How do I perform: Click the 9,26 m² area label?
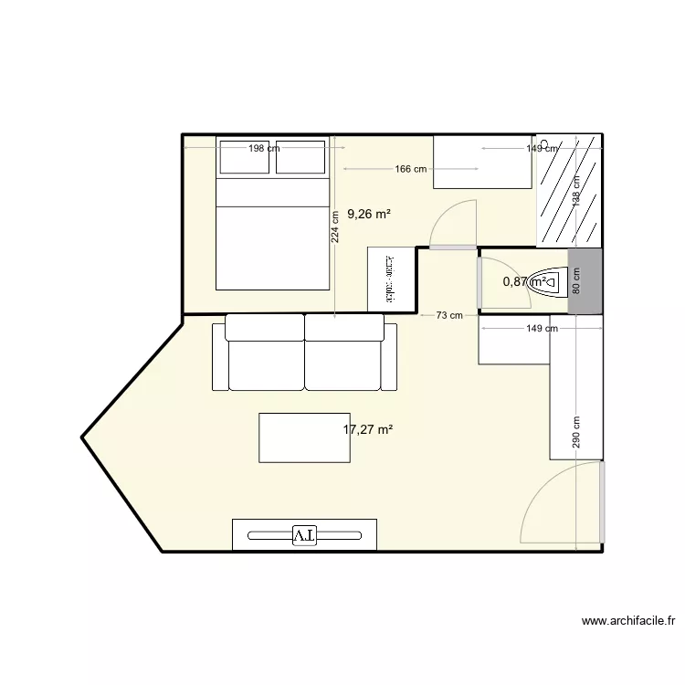368,215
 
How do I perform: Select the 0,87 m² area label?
525,282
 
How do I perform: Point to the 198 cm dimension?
262,148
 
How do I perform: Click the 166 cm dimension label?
411,169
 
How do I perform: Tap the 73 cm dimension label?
448,315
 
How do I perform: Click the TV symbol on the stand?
304,535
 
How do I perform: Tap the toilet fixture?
544,282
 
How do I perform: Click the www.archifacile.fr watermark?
628,622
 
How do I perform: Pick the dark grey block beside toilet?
585,281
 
